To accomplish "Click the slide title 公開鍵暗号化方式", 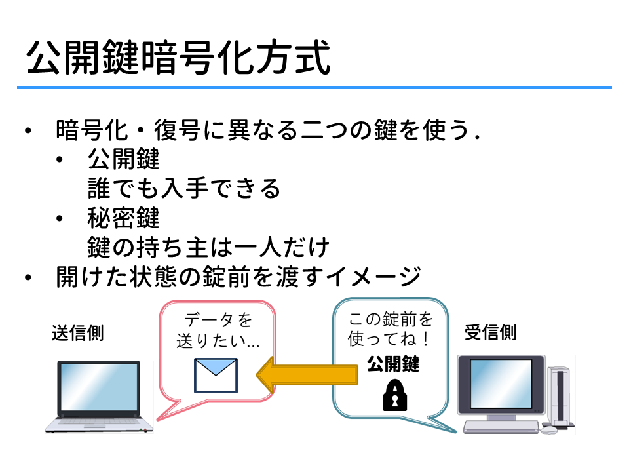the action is point(178,57).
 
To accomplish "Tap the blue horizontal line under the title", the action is point(314,87).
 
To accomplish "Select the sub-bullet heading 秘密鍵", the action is point(124,218).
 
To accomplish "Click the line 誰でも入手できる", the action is point(183,188).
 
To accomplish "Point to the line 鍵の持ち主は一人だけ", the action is point(208,247).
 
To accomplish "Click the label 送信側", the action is point(78,333).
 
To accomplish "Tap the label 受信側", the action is point(490,332).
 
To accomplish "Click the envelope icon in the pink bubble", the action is point(216,375).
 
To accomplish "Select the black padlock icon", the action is point(394,395).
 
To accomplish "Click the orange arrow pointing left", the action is point(307,375).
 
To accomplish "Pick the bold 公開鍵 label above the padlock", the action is point(393,364).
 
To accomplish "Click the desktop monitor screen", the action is point(501,383).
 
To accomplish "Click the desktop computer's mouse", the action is point(549,430).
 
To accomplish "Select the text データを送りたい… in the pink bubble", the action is point(218,330).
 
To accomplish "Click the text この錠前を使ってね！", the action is point(391,329).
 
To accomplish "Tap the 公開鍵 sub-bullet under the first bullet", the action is point(124,159).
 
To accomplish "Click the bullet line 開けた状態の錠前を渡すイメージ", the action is point(238,277).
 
